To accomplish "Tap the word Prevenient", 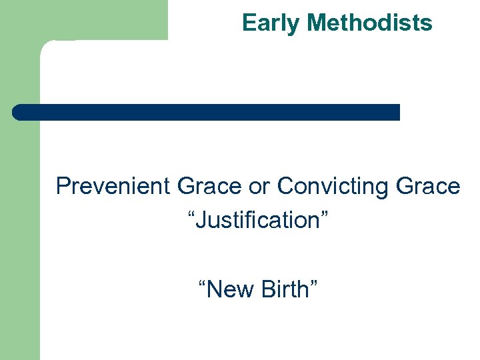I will coord(113,186).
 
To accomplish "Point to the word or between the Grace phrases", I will coord(259,187).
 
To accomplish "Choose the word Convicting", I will coord(333,186).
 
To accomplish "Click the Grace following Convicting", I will coord(428,186).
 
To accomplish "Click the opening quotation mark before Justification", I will coord(193,214).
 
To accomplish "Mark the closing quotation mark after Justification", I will coord(323,214).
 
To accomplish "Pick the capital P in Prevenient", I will coord(63,186).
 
